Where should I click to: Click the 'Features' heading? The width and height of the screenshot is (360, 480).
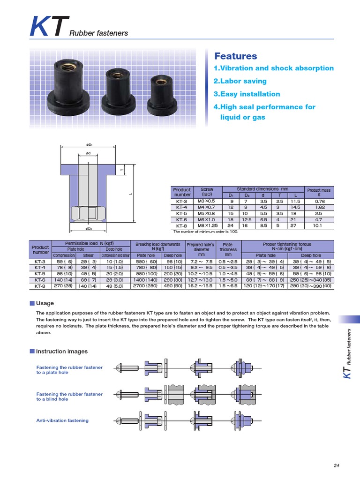click(235, 56)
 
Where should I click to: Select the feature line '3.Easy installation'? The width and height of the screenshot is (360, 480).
click(247, 94)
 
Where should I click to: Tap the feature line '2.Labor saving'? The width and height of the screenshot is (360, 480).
click(240, 81)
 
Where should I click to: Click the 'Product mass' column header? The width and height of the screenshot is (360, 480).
click(319, 192)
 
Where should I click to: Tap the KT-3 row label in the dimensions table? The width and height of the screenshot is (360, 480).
click(182, 201)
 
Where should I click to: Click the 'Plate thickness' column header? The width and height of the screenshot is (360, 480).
click(228, 247)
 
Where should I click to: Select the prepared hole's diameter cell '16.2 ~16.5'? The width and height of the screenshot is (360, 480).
click(200, 285)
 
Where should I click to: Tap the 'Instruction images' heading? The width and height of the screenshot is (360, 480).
click(61, 351)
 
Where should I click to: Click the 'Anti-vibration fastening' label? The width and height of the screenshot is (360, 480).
click(62, 420)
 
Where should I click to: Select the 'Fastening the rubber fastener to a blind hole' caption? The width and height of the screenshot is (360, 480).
click(69, 397)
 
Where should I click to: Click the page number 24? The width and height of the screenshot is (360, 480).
click(336, 465)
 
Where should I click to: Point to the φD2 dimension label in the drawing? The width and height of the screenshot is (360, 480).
click(89, 228)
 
